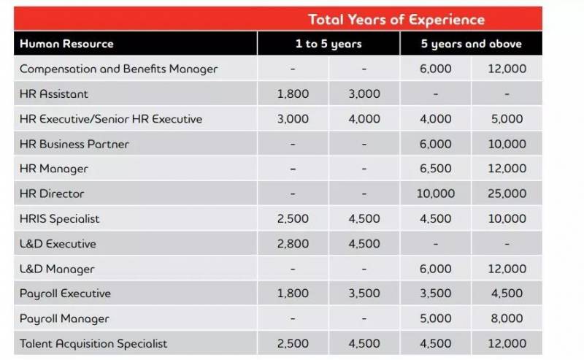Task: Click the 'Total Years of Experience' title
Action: (396, 19)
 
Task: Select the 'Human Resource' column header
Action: (66, 44)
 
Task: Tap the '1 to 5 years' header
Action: (328, 44)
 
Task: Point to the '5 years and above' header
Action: (471, 44)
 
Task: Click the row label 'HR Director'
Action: (52, 194)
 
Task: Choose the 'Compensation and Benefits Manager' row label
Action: (118, 69)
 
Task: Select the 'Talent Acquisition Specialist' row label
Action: (93, 343)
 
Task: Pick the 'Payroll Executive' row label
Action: (65, 294)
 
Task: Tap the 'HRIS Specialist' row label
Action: (60, 218)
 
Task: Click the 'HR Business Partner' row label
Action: (74, 144)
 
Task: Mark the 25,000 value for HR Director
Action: (507, 194)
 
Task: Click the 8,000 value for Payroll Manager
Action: (507, 318)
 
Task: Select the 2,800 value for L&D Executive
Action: (293, 243)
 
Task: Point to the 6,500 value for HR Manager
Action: (436, 169)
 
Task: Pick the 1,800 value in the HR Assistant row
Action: (293, 93)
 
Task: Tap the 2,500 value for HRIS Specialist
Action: (293, 218)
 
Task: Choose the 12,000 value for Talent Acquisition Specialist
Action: (507, 343)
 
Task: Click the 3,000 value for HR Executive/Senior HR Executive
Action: (293, 119)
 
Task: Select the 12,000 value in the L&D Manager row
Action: (507, 269)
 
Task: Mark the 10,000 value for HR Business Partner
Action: (507, 144)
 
